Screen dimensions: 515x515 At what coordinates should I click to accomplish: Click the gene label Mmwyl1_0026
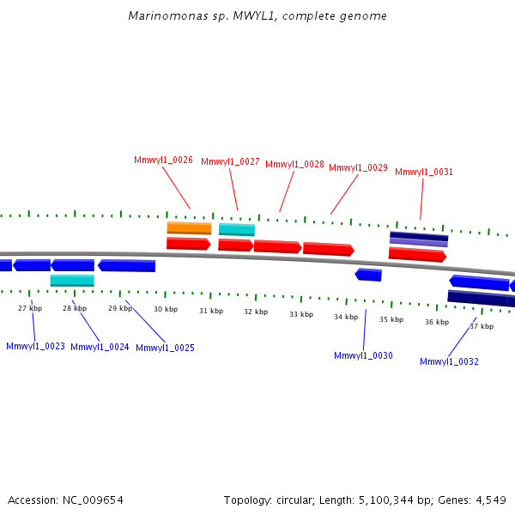[163, 161]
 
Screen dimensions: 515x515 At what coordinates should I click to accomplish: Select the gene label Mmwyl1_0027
[230, 162]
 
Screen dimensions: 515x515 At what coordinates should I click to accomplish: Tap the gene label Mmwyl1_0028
[294, 165]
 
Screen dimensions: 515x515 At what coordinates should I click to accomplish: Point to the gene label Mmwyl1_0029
[358, 168]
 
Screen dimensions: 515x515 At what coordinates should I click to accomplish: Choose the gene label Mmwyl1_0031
[424, 173]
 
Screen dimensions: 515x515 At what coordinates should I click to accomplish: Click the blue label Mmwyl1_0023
[35, 347]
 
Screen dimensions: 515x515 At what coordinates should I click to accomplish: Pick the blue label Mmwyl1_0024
[100, 348]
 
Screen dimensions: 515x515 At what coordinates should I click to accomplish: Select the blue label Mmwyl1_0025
[165, 348]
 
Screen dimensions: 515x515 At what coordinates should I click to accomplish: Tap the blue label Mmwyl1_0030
[363, 355]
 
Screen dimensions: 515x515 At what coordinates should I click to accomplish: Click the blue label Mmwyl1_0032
[449, 362]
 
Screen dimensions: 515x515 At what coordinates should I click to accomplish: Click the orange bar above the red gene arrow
[189, 228]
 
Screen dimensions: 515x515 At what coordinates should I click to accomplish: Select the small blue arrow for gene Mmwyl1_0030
[368, 275]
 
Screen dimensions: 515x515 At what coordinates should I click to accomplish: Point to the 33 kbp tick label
[300, 314]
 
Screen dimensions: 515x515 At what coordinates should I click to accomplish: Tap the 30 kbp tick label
[166, 309]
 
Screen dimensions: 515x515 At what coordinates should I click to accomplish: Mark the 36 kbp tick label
[436, 323]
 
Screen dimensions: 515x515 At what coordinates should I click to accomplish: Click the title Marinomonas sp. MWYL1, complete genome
[257, 16]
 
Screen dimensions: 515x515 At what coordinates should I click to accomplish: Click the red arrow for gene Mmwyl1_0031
[417, 254]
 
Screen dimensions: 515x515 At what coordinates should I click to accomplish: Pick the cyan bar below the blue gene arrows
[72, 281]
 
